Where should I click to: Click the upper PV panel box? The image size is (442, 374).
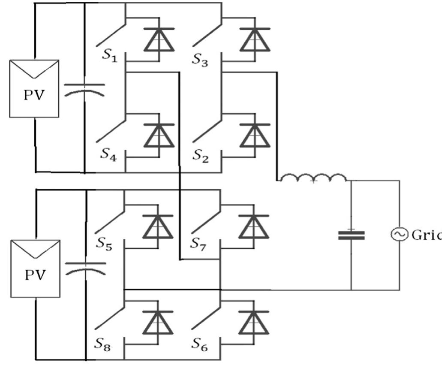point(34,88)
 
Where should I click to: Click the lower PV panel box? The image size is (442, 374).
point(34,268)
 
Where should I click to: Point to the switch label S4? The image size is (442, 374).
point(108,154)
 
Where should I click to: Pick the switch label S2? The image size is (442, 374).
point(201,154)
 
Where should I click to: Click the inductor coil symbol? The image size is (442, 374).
point(313,178)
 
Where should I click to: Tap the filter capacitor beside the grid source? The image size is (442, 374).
point(351,235)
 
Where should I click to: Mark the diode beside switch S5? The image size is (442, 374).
point(159,226)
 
